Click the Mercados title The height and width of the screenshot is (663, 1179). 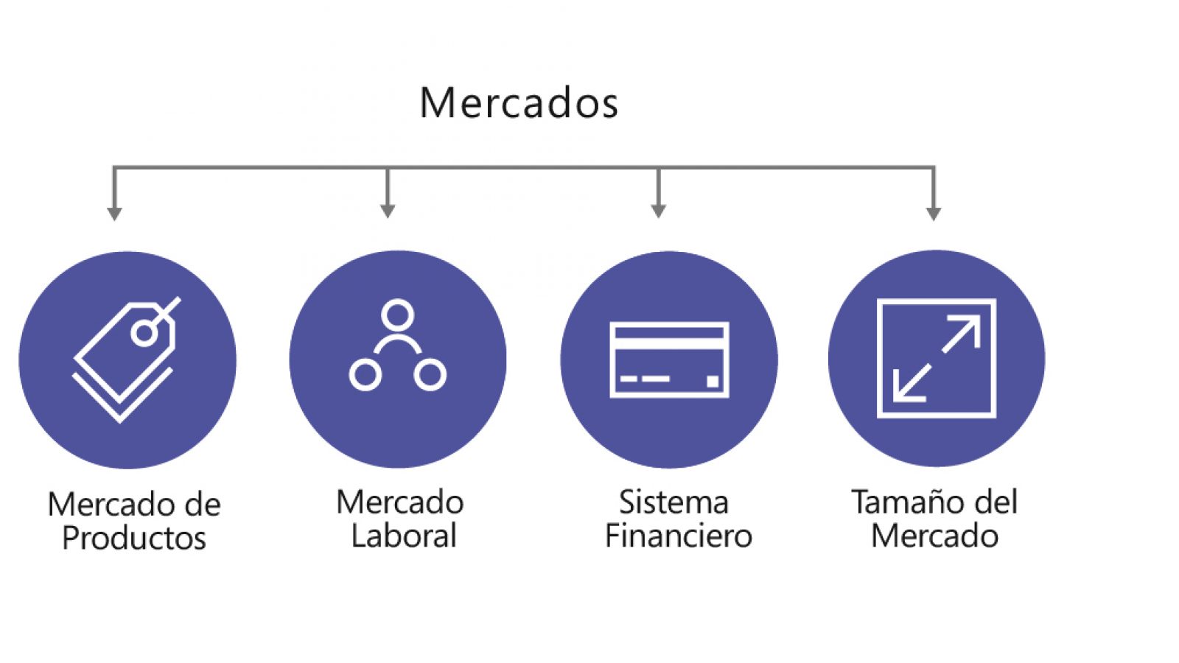tap(519, 102)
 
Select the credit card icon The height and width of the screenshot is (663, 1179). tap(670, 360)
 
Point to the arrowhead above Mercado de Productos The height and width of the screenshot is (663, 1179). tap(114, 214)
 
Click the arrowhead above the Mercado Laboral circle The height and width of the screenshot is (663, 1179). tap(388, 211)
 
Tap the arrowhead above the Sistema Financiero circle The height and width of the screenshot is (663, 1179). tap(659, 211)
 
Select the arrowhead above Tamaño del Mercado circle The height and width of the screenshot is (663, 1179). tap(933, 214)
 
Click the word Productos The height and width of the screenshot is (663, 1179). tap(134, 539)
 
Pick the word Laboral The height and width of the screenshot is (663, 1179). tap(404, 536)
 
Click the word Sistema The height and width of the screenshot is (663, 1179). tap(674, 502)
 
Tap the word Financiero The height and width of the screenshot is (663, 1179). tap(679, 536)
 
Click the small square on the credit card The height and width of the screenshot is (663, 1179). tap(712, 382)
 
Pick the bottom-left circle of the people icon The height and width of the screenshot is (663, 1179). tap(365, 375)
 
